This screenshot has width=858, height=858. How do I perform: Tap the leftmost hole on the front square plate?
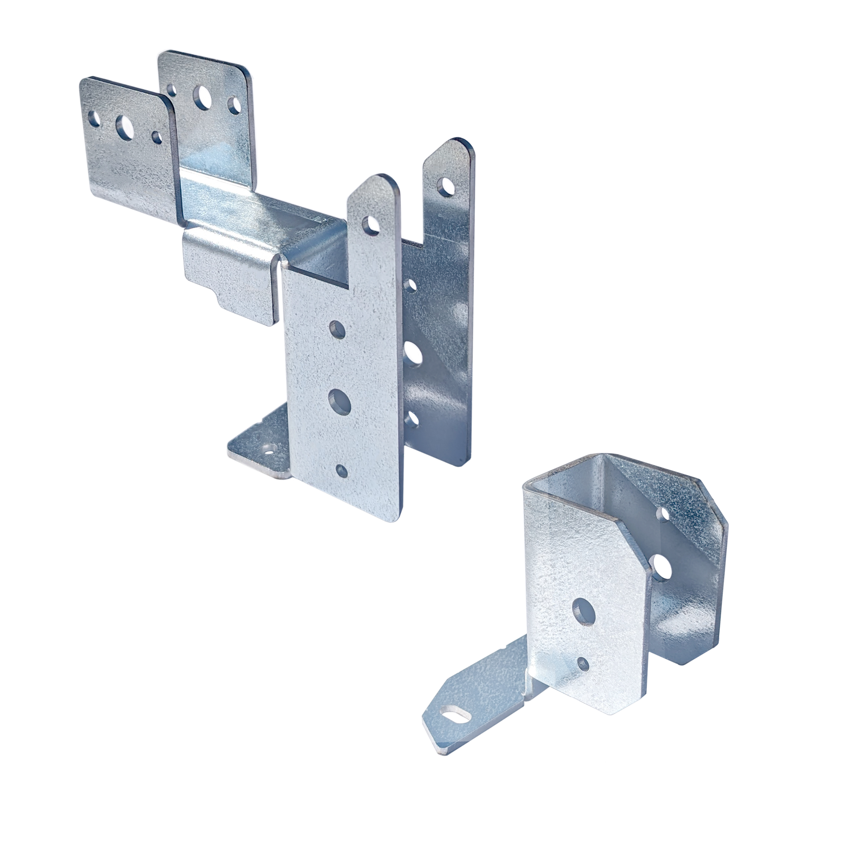(94, 118)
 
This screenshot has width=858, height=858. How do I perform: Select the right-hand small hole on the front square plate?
(157, 137)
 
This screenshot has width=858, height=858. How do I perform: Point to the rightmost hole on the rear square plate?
(234, 105)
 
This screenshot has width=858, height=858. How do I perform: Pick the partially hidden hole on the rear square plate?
(172, 90)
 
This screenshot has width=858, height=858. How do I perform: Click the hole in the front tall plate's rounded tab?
(370, 225)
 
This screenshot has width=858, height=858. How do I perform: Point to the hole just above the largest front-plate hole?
(338, 330)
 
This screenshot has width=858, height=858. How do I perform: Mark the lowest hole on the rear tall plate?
(412, 419)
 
